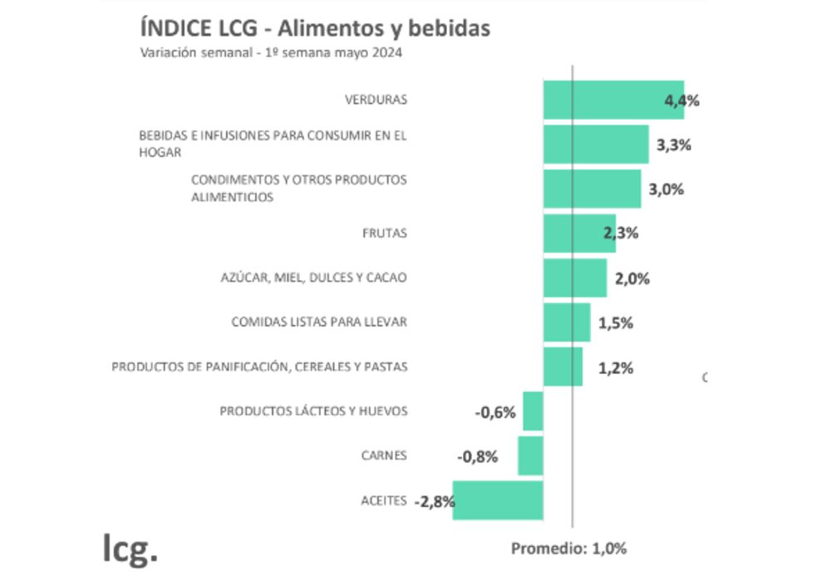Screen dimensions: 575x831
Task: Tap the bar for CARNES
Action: [530, 456]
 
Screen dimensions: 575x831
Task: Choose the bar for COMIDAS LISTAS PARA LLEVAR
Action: [567, 322]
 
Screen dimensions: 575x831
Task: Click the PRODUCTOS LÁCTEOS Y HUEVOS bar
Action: [533, 411]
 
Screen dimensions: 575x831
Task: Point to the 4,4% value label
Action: [682, 101]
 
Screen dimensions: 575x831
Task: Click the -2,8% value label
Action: [435, 501]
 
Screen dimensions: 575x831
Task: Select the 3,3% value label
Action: [674, 145]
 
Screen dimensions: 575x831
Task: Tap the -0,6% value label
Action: [496, 412]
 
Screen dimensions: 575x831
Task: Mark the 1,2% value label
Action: [616, 368]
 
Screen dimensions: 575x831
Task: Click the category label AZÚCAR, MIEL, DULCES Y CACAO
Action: [308, 278]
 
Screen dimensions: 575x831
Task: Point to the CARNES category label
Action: [384, 455]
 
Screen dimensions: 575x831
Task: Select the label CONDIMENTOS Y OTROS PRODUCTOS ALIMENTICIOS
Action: [299, 189]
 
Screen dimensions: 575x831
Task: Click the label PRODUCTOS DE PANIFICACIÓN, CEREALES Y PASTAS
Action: [260, 366]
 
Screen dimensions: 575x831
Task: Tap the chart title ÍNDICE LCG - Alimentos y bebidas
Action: [315, 28]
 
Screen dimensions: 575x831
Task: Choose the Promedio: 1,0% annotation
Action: [568, 548]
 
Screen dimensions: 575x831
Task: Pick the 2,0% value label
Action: [632, 278]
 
